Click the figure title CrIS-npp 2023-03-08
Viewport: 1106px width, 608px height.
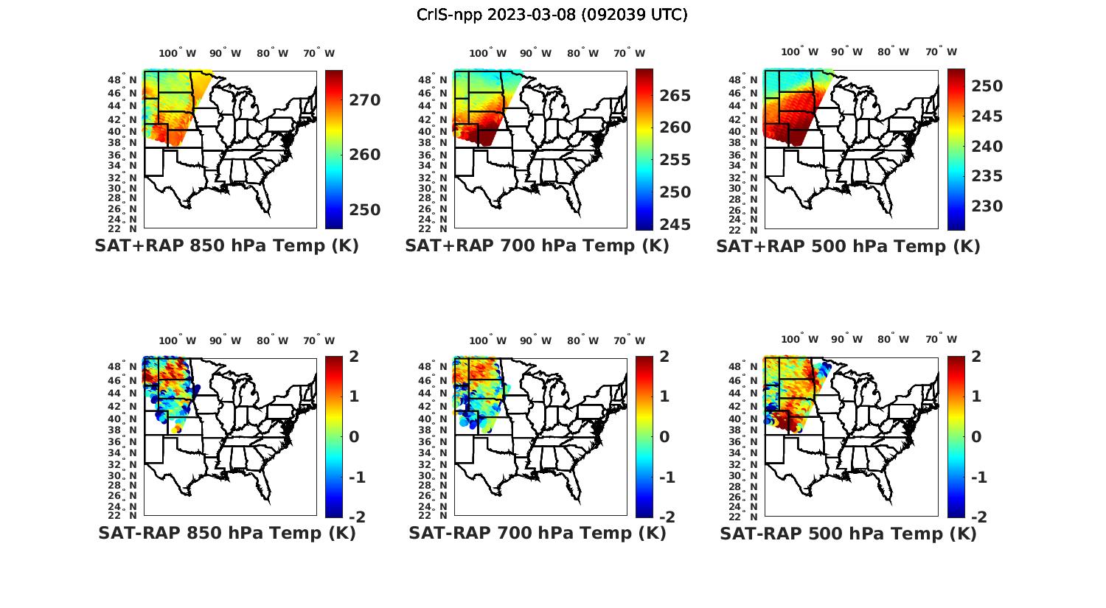coord(552,15)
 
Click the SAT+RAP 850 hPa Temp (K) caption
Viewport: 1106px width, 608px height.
coord(226,246)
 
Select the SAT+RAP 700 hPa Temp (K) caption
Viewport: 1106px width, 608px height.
coord(537,246)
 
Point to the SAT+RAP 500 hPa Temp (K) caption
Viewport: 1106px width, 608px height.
coord(848,246)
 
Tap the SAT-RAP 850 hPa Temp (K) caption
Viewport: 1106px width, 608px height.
coord(226,533)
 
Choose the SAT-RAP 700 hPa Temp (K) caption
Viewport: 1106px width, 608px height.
coord(537,533)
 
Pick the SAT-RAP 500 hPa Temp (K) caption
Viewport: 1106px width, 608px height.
coord(848,533)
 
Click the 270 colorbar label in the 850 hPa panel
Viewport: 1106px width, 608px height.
coord(365,100)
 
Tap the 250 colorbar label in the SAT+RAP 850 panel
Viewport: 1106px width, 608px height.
coord(365,210)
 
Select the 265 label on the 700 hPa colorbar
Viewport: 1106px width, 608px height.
coord(675,96)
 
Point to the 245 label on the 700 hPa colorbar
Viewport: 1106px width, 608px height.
coord(675,225)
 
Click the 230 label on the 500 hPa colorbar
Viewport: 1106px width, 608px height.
coord(987,206)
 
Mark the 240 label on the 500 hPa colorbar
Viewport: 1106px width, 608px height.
coord(987,147)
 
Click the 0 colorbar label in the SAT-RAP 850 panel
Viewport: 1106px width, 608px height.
coord(353,437)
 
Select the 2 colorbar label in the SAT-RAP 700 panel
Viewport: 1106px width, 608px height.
coord(664,357)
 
